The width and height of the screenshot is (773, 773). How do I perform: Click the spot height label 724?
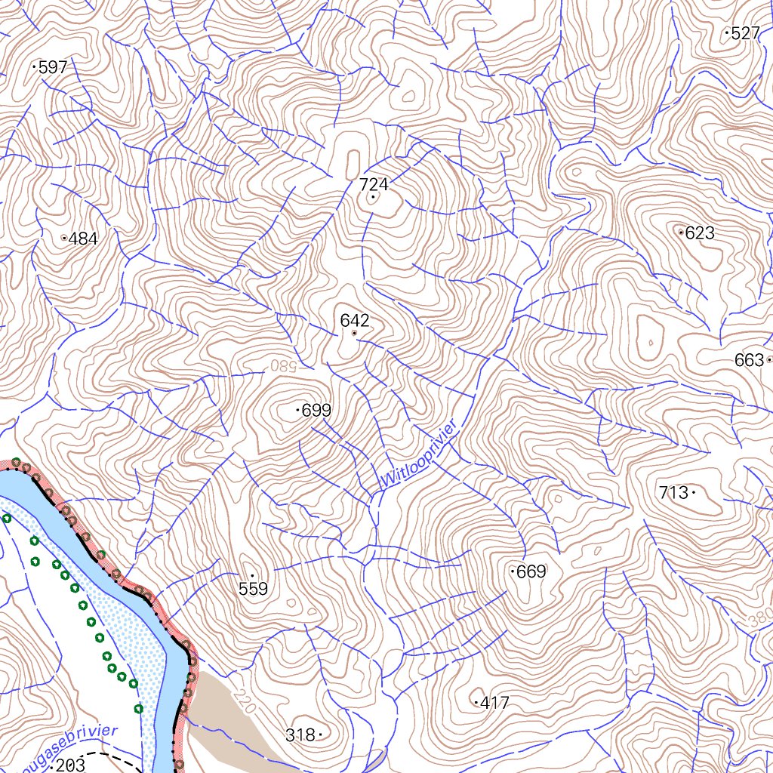tap(374, 184)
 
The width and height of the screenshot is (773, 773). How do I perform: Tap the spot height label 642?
tap(355, 320)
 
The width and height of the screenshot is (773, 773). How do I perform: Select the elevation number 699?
tap(316, 411)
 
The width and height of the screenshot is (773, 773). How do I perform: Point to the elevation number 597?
tap(53, 67)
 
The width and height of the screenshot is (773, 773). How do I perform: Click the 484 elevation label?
tap(82, 239)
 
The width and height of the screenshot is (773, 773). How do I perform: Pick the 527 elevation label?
tap(745, 33)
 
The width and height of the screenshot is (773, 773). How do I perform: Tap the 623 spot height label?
tap(700, 233)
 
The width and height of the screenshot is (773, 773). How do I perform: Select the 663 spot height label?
tap(749, 361)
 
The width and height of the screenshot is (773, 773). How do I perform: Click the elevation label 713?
tap(673, 493)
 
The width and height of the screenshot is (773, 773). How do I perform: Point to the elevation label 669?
tap(531, 571)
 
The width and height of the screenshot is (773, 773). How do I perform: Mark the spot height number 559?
tap(253, 589)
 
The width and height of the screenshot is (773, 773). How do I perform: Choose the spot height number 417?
tap(494, 703)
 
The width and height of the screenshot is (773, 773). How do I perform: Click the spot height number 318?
tap(300, 735)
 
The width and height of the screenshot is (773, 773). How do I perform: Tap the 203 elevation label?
tap(70, 765)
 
